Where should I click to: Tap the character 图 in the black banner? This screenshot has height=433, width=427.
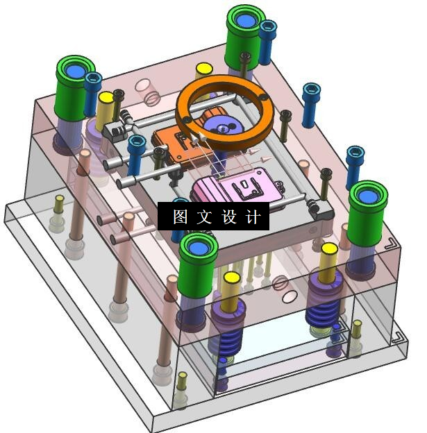point(181,216)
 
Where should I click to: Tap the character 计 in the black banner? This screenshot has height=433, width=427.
point(253,216)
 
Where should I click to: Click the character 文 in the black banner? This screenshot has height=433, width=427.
point(205,216)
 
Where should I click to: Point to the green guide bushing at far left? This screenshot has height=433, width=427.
point(74,88)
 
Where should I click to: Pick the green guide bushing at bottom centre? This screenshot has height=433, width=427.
point(197,265)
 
